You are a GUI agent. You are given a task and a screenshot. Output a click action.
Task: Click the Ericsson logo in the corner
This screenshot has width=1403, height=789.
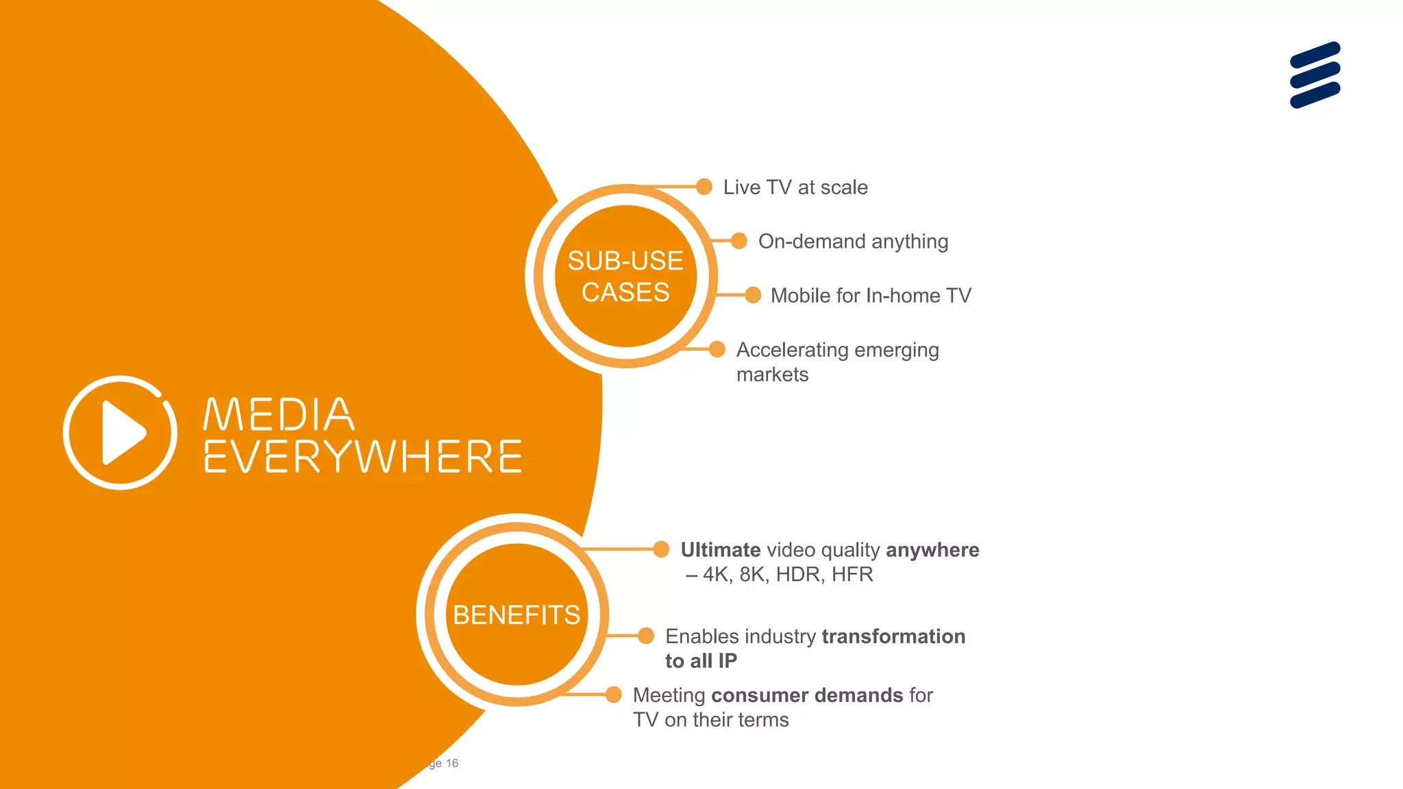[1315, 75]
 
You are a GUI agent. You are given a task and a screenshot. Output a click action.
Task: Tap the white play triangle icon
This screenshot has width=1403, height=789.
[123, 433]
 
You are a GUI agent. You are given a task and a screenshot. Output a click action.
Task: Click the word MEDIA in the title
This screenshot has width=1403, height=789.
[279, 414]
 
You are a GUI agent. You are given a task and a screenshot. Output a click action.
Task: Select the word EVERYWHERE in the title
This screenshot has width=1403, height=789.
[363, 457]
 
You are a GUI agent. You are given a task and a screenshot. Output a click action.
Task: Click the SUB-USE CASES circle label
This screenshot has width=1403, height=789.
[625, 276]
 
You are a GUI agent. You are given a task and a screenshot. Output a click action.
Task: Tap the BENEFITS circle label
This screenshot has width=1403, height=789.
[517, 615]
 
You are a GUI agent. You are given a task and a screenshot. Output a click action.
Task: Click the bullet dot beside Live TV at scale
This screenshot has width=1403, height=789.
[704, 186]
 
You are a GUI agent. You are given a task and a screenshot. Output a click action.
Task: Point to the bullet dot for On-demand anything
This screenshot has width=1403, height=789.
[738, 240]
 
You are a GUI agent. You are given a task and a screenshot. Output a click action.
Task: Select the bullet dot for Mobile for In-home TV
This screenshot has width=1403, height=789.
[753, 295]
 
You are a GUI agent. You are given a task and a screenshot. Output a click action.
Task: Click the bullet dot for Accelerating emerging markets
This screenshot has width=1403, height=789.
[717, 349]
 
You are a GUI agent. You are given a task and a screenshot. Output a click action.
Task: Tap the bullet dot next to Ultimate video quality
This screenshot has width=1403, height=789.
[661, 549]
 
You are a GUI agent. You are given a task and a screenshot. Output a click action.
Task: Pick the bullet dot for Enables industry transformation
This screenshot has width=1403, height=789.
[646, 636]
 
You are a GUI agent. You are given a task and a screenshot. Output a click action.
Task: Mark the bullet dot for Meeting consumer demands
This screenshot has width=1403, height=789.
[614, 694]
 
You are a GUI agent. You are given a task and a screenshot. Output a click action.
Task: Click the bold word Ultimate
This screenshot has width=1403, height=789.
[721, 550]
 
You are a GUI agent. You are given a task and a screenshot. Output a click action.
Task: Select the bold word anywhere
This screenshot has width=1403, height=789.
[932, 550]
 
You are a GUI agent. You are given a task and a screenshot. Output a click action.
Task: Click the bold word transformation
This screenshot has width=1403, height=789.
[893, 636]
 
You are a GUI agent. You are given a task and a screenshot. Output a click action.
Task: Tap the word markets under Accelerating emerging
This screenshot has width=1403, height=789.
[772, 375]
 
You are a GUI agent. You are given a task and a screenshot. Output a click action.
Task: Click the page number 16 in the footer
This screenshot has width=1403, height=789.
[452, 763]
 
